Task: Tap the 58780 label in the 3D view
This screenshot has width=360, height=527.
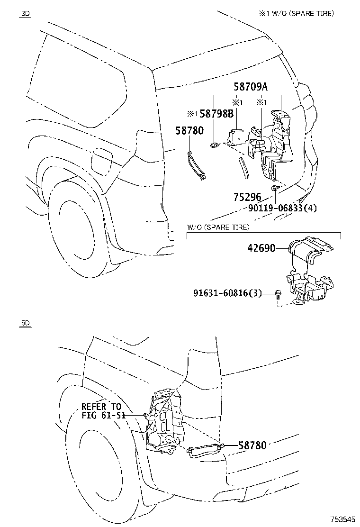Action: pyautogui.click(x=189, y=131)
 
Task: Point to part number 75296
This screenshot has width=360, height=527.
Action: pyautogui.click(x=247, y=197)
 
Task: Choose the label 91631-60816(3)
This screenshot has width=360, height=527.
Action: pyautogui.click(x=227, y=293)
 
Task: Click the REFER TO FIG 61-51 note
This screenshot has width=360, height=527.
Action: pyautogui.click(x=101, y=411)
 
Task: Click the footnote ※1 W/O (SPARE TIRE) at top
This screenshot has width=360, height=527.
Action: pyautogui.click(x=296, y=14)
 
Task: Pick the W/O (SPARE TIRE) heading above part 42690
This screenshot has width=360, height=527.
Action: pyautogui.click(x=218, y=227)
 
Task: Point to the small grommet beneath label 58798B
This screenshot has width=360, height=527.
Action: pyautogui.click(x=214, y=144)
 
